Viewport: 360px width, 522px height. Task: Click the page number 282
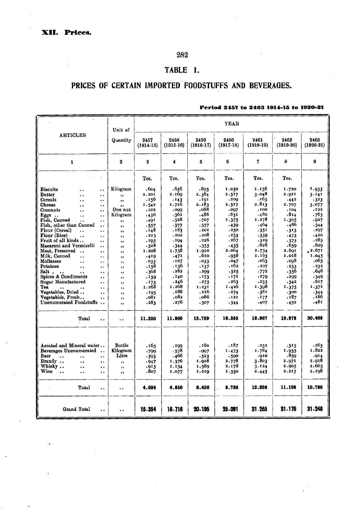[182, 55]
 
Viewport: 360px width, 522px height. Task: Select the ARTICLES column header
[73, 135]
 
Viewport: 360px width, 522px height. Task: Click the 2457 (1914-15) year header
[147, 142]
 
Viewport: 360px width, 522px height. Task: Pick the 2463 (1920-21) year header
[314, 142]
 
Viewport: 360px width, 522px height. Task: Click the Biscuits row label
[49, 189]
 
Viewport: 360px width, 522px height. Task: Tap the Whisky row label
[48, 366]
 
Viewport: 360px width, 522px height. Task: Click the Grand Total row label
[75, 409]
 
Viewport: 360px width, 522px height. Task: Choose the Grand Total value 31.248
[315, 409]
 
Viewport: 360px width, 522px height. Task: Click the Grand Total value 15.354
[148, 409]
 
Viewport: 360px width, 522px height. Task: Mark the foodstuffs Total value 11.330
[148, 319]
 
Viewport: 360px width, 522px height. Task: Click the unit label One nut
[121, 210]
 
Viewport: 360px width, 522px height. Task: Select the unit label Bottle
[121, 346]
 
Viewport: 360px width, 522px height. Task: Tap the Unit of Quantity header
[121, 135]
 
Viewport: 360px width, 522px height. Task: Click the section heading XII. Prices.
[66, 32]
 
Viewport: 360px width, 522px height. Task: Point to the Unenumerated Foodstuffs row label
[69, 303]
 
